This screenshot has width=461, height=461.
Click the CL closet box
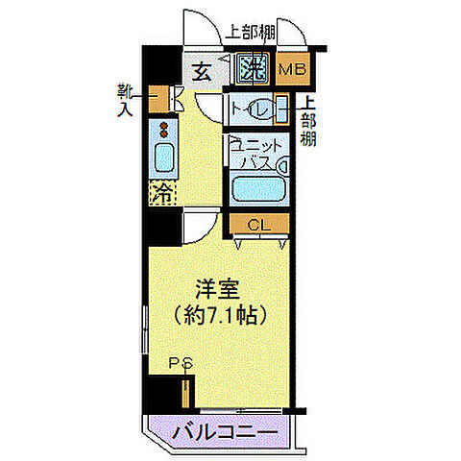(255, 225)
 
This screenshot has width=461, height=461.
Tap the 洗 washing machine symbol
(253, 68)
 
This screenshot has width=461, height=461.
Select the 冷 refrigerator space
(164, 192)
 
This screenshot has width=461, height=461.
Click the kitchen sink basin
(164, 157)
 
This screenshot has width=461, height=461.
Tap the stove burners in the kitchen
(164, 131)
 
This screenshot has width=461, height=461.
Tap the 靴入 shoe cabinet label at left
(126, 98)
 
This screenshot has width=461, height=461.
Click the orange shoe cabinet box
(178, 98)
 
